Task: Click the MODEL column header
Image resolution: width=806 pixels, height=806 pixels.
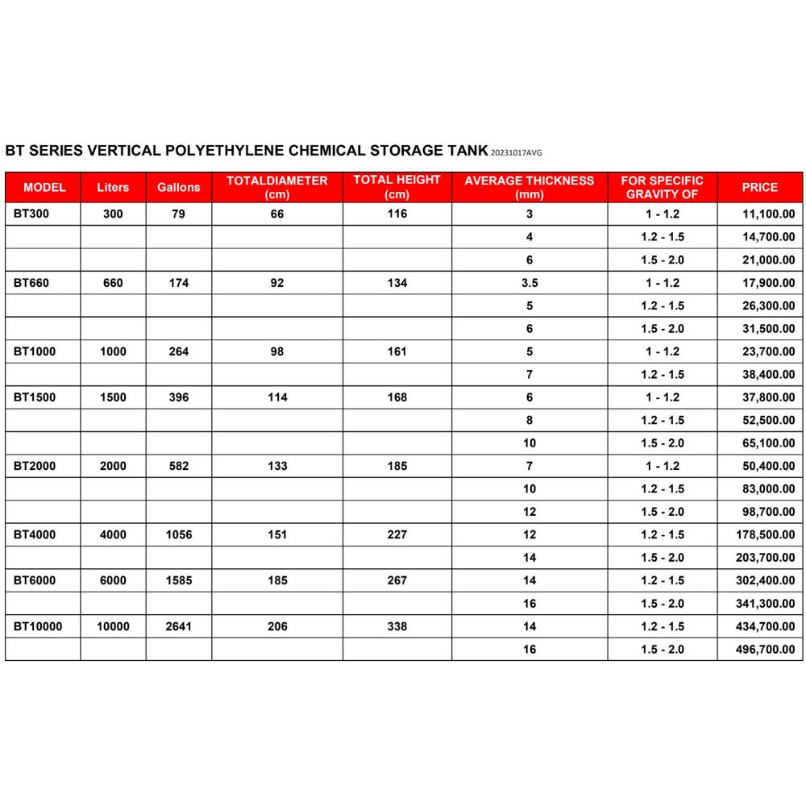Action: (44, 187)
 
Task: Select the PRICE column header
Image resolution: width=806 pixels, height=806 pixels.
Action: (759, 187)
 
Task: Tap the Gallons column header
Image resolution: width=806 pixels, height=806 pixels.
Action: (178, 187)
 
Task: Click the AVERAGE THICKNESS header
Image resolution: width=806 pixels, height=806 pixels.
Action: (529, 187)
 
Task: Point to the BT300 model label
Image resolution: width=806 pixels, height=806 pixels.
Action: (31, 214)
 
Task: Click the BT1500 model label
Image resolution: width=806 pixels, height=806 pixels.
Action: (34, 397)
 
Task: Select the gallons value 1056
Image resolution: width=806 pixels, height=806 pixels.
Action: (178, 534)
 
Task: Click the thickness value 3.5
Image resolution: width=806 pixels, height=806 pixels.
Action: (529, 283)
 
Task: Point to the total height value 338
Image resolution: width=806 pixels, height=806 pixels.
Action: (397, 626)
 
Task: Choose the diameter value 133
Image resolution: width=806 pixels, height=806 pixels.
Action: (276, 466)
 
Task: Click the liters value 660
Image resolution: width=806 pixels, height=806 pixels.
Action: (113, 283)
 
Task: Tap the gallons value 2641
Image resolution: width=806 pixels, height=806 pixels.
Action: (178, 626)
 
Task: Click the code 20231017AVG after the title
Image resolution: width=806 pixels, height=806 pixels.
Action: (521, 152)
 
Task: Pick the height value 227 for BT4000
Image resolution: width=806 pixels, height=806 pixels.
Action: (397, 534)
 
